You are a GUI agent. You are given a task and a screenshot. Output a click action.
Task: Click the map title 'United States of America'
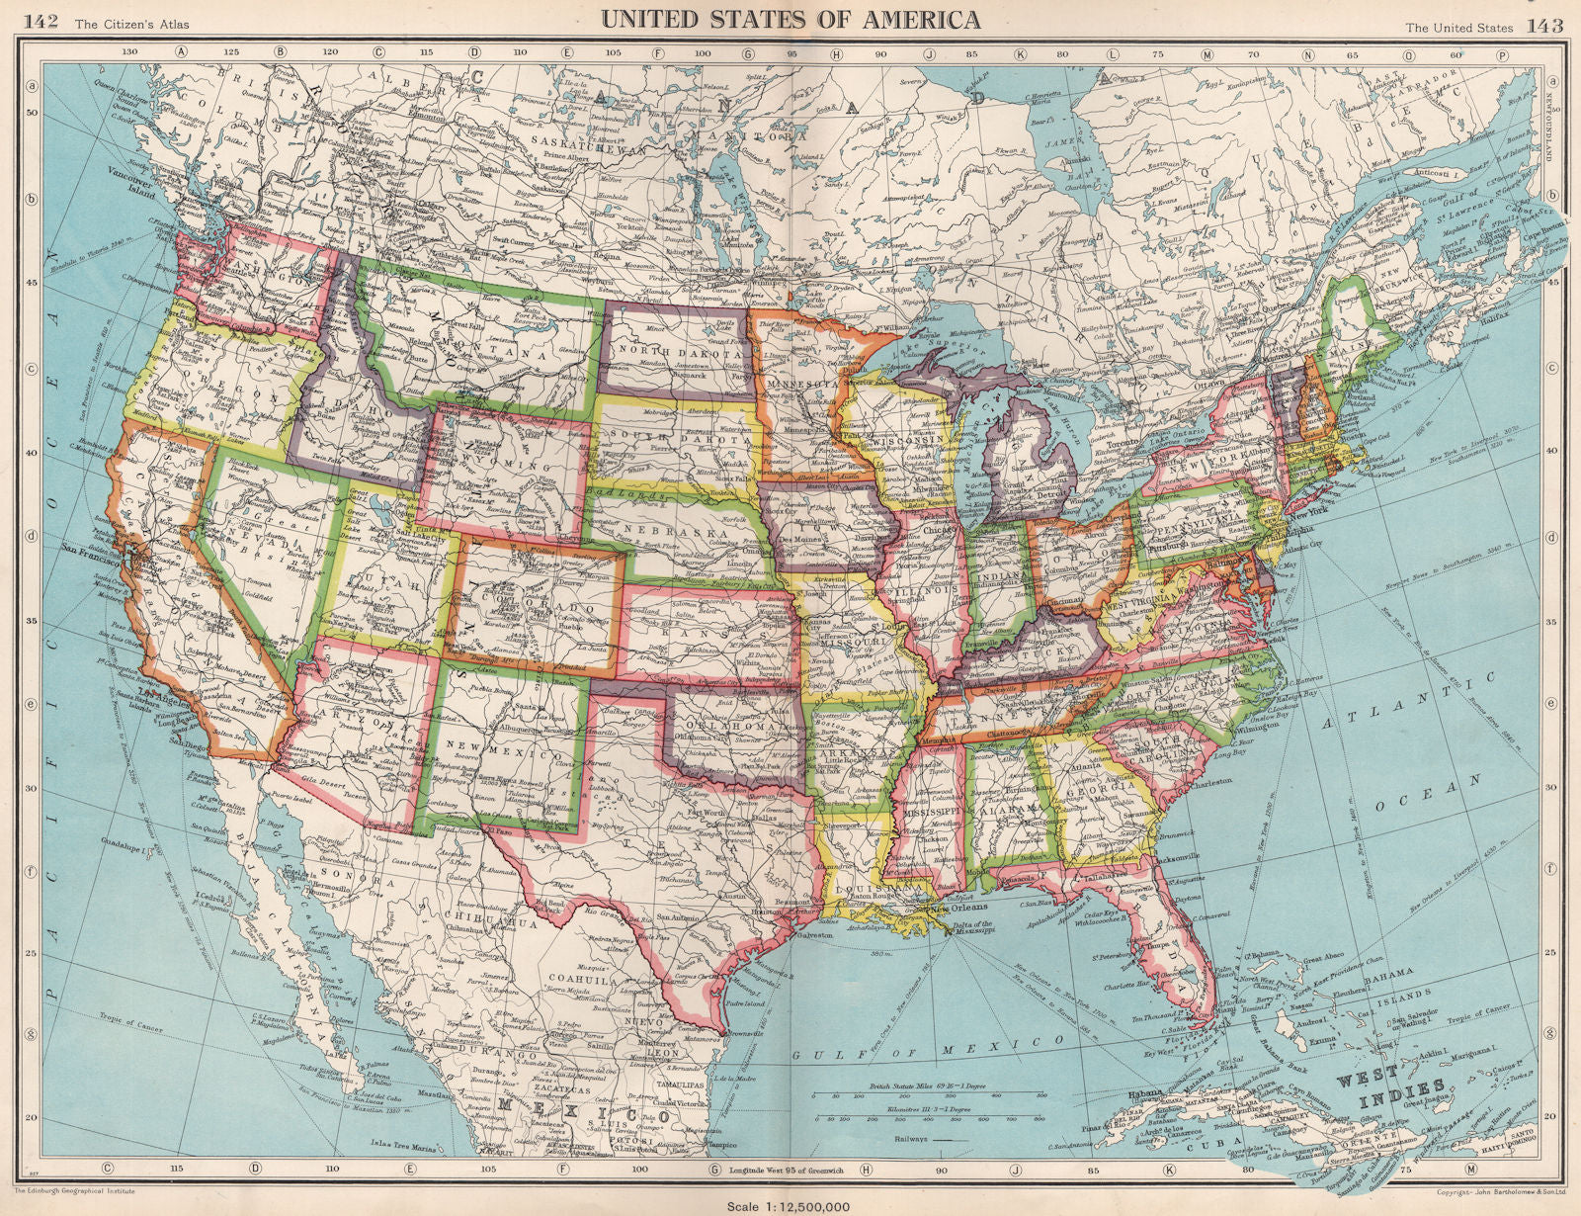tap(791, 20)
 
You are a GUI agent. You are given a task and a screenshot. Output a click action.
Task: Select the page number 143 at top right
tap(1543, 25)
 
